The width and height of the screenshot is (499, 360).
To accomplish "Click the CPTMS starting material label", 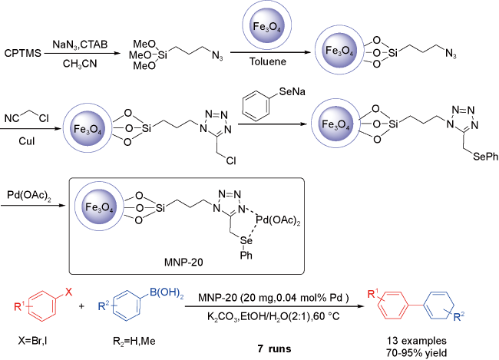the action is click(x=22, y=53).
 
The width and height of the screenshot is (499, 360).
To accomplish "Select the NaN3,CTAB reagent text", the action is click(x=80, y=45).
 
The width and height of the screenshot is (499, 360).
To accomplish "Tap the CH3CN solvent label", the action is click(x=80, y=64).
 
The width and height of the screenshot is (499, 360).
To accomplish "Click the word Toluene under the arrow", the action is click(x=268, y=61).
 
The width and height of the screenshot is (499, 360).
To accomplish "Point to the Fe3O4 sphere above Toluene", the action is click(x=267, y=25).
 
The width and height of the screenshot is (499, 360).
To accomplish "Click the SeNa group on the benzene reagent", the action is click(x=292, y=91).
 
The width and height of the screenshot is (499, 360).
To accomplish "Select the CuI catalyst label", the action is click(x=26, y=141).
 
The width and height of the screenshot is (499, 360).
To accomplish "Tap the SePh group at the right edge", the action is click(x=485, y=157).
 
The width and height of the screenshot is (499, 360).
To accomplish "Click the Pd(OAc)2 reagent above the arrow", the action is click(x=29, y=195).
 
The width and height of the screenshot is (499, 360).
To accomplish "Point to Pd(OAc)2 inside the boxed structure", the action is click(x=278, y=220).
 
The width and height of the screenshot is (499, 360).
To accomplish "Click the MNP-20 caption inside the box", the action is click(x=183, y=263).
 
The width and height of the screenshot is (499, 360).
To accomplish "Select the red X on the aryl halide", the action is click(x=69, y=292).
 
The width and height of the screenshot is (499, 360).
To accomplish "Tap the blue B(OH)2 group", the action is click(x=167, y=292).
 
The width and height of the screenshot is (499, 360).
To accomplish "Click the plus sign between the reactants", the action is click(x=82, y=306).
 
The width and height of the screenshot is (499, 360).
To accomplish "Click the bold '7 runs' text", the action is click(x=274, y=348).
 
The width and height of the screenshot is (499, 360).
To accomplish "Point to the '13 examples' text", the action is click(x=417, y=341).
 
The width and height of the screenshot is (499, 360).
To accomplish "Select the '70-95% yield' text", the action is click(x=417, y=353).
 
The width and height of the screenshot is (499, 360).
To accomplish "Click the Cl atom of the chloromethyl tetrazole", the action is click(x=231, y=160).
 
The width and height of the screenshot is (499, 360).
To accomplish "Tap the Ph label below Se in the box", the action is click(x=246, y=255).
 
